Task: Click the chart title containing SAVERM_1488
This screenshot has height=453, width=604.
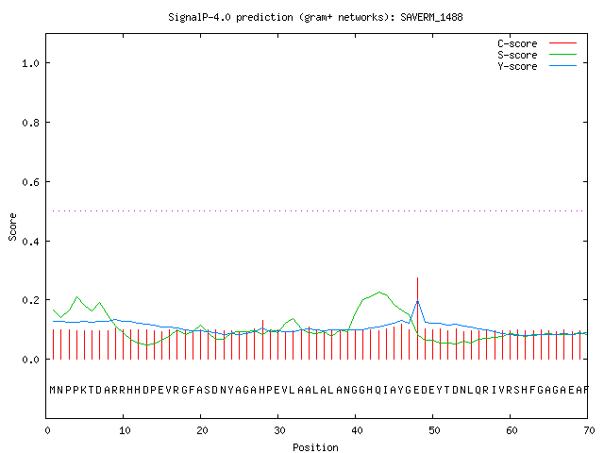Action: (x=315, y=17)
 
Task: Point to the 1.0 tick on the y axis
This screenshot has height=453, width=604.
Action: (x=31, y=63)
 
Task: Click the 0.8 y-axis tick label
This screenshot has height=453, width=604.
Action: (x=31, y=123)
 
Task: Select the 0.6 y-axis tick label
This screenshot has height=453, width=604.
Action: (x=31, y=182)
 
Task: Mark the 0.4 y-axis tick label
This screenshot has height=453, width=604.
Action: (x=31, y=242)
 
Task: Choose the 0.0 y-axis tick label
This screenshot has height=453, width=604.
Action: (x=31, y=360)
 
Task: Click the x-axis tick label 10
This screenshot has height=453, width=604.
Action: (x=125, y=430)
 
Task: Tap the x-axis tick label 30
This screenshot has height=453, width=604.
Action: (x=279, y=430)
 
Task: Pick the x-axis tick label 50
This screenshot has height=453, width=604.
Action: (x=434, y=430)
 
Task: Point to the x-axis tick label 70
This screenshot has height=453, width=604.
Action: (x=589, y=430)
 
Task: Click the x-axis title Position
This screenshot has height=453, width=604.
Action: (x=315, y=447)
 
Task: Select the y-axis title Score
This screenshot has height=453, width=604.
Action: (x=12, y=227)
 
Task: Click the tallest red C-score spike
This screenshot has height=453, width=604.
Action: (x=417, y=318)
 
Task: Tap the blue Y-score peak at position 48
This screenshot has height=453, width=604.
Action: (x=417, y=300)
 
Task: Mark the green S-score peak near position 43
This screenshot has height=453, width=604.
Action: (x=379, y=292)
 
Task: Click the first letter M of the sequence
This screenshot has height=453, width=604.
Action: (x=53, y=390)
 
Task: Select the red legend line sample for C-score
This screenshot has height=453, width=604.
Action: (x=562, y=43)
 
